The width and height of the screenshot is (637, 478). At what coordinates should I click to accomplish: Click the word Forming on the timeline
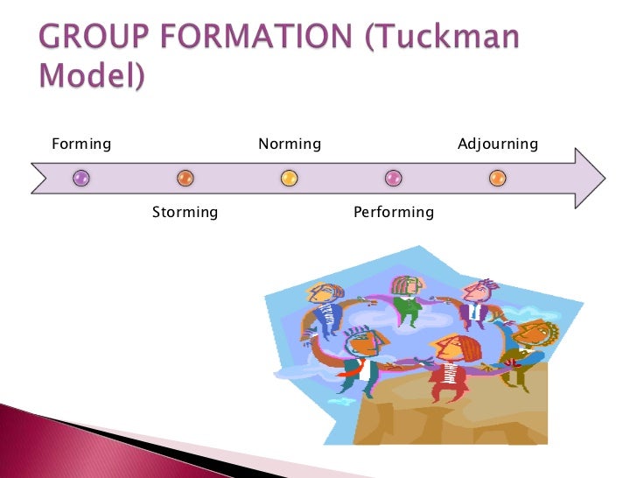tap(81, 144)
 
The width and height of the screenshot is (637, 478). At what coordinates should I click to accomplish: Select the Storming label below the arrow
tap(185, 212)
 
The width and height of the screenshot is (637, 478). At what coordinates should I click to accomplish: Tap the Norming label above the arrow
tap(290, 144)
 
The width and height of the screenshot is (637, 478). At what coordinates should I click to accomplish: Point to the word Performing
tap(394, 212)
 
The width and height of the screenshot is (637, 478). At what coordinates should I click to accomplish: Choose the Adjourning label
tap(498, 144)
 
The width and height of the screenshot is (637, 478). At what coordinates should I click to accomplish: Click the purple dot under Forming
tap(81, 179)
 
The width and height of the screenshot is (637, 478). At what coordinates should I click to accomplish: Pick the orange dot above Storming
tap(185, 179)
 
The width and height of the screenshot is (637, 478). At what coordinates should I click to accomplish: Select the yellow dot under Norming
tap(290, 179)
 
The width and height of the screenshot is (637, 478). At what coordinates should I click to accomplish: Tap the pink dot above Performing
tap(394, 179)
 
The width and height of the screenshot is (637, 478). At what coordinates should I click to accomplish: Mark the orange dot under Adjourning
tap(498, 179)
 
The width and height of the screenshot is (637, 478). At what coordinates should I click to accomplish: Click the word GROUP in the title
tap(92, 39)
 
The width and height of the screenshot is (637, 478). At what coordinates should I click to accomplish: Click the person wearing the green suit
tap(407, 302)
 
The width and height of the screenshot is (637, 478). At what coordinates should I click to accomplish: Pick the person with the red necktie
tap(360, 355)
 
